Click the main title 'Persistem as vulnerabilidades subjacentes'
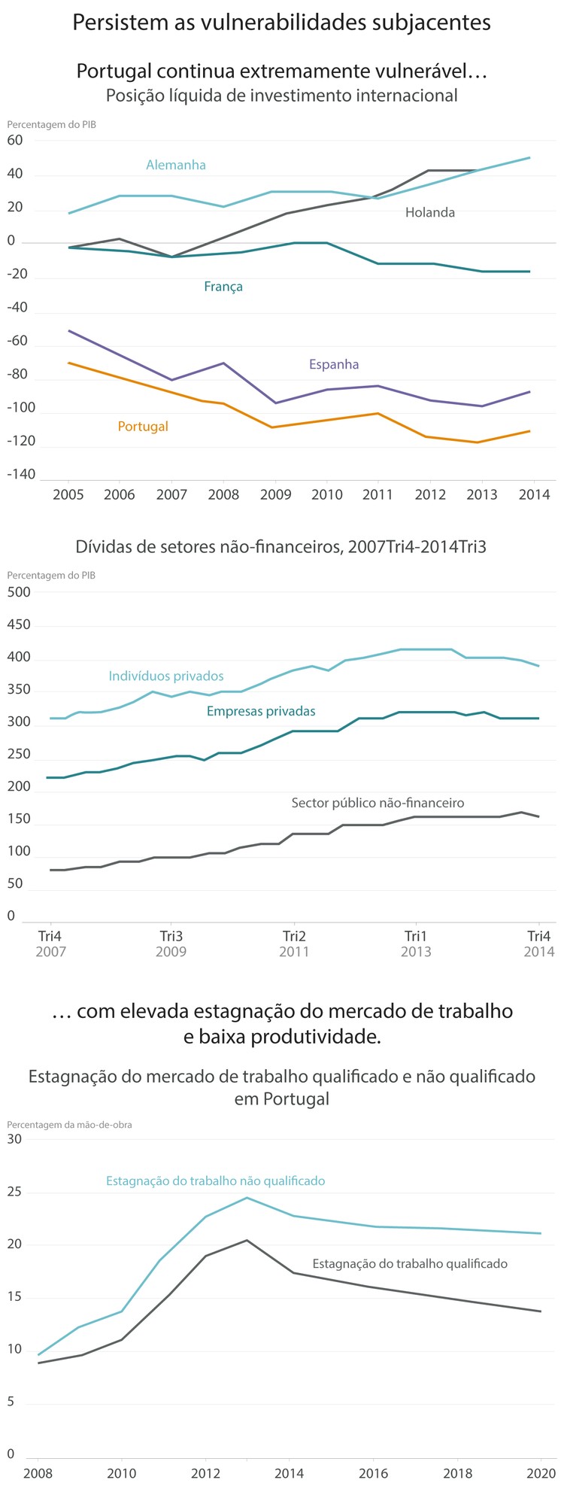[x=281, y=23]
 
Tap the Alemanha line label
[x=176, y=165]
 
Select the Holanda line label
[x=430, y=213]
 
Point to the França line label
[x=223, y=287]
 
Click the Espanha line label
[x=334, y=365]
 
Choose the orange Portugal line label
[x=143, y=427]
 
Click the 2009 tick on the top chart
[x=274, y=494]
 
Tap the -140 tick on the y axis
[x=21, y=475]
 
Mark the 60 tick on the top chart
[x=15, y=140]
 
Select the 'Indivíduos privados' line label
[x=166, y=676]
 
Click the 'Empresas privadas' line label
[x=261, y=711]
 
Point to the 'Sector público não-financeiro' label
[x=378, y=803]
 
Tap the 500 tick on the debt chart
[x=19, y=592]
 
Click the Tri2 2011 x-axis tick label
[x=294, y=944]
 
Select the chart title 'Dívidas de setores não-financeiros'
[x=281, y=547]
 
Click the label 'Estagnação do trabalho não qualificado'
[x=215, y=1181]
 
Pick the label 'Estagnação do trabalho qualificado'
[x=410, y=1263]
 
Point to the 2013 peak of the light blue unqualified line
[x=247, y=1198]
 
